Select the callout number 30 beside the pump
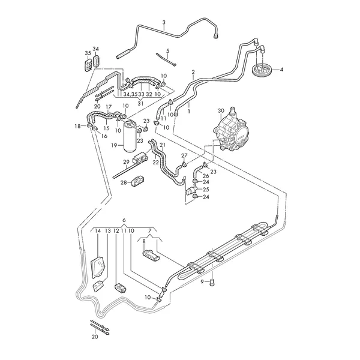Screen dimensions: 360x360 [x=221, y=110]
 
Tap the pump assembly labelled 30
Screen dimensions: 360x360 [x=233, y=133]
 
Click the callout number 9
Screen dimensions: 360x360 [x=203, y=281]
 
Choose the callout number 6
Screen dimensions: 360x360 [x=124, y=221]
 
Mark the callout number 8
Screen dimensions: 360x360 [x=143, y=241]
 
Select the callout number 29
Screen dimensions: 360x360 [x=126, y=162]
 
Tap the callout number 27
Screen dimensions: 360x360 [x=185, y=155]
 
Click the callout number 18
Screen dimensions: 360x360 [x=77, y=125]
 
